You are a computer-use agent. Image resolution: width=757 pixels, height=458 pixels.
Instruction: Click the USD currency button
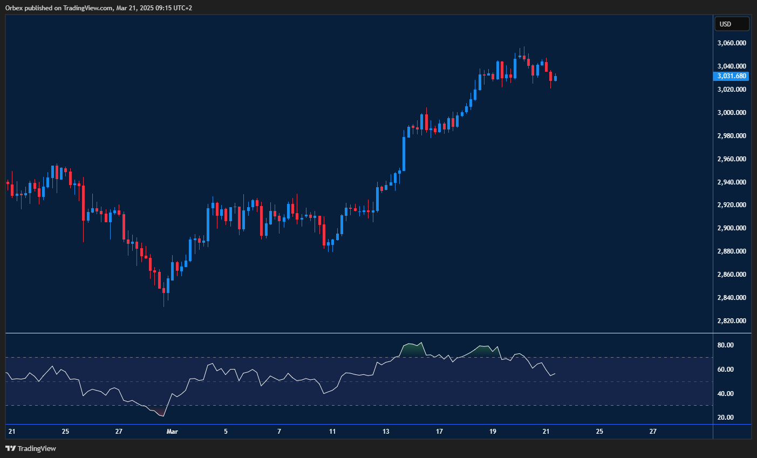732,24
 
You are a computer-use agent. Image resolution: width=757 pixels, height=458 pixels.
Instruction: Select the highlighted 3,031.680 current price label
732,76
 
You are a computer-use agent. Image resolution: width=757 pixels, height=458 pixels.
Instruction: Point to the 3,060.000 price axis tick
732,43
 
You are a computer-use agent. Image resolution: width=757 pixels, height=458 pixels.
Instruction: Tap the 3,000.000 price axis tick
732,113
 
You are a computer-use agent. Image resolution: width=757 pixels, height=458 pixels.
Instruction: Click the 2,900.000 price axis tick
732,228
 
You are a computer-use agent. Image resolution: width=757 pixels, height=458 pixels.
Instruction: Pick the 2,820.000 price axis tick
732,321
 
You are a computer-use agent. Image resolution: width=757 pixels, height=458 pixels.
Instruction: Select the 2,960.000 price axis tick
732,159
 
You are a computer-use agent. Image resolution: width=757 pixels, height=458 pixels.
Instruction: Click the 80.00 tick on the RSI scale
726,345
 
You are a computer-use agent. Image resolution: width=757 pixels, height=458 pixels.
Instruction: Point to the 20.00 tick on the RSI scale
726,418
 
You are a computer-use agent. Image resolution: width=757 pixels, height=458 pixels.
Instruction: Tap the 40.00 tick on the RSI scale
726,394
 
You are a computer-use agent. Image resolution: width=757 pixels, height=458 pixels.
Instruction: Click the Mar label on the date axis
172,432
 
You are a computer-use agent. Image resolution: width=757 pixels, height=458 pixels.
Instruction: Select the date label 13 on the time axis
386,432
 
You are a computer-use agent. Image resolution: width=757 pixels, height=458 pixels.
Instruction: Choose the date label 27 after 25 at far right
653,432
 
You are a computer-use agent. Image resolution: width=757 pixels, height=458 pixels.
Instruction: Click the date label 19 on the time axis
493,432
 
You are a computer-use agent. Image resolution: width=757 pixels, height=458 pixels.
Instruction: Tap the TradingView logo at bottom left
31,448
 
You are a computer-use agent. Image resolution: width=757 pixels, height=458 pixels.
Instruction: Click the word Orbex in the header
13,8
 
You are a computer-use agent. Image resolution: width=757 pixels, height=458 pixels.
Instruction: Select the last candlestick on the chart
555,78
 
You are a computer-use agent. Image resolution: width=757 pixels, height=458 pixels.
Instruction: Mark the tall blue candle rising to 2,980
404,153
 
